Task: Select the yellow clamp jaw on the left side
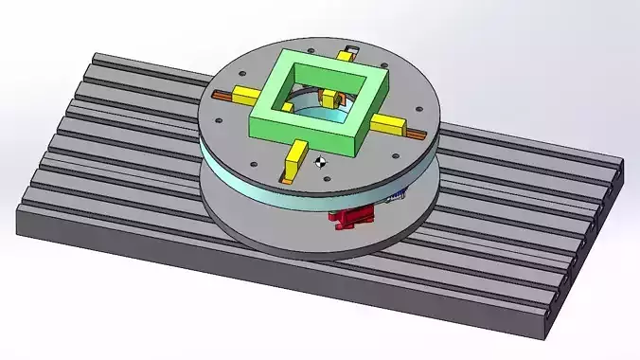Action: click(x=244, y=95)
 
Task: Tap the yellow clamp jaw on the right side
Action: click(x=388, y=123)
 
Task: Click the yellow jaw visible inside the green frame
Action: click(x=330, y=99)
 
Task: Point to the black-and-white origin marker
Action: click(x=322, y=162)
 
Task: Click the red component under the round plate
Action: click(x=350, y=219)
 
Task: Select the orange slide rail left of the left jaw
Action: click(x=222, y=91)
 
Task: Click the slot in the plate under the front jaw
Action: click(x=287, y=171)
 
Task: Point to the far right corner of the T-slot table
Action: click(x=624, y=163)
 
